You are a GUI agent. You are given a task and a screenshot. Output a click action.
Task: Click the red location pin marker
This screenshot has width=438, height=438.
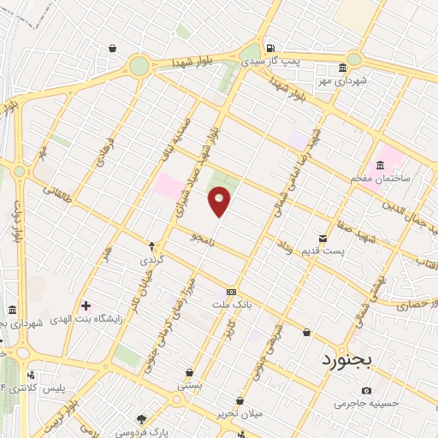click(220, 202)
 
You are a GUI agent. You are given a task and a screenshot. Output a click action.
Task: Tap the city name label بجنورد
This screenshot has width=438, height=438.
click(348, 360)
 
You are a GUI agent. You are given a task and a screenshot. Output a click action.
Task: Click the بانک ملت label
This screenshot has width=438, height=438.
click(232, 304)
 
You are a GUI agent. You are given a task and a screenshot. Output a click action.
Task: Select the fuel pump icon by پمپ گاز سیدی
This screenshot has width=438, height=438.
click(271, 49)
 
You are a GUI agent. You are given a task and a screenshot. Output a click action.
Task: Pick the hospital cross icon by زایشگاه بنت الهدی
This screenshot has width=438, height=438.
click(85, 305)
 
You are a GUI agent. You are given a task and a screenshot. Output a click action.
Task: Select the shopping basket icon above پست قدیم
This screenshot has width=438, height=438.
click(323, 237)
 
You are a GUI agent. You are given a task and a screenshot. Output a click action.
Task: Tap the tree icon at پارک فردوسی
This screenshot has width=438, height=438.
click(142, 419)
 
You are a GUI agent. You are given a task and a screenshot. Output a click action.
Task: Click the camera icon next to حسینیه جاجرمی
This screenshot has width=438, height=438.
click(367, 390)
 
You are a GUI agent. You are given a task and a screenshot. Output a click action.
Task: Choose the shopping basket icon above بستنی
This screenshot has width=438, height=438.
click(189, 373)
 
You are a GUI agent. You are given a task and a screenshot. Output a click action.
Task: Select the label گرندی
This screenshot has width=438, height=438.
click(151, 258)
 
